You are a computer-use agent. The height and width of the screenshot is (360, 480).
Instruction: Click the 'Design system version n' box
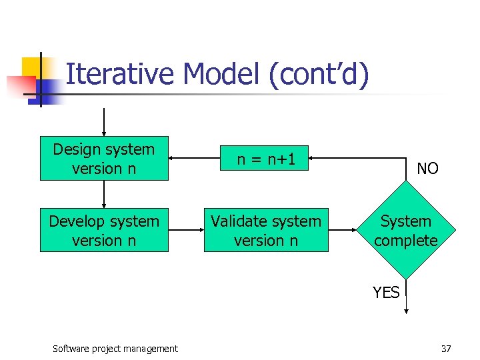[x=104, y=159]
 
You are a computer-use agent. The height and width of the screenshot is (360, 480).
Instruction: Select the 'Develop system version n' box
[x=104, y=230]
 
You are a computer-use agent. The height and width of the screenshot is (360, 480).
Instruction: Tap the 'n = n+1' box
[x=266, y=159]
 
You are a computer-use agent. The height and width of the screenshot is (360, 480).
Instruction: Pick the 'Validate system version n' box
[x=266, y=230]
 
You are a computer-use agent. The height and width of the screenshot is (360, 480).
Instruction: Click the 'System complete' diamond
[x=405, y=230]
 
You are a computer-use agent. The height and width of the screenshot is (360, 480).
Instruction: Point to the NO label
[x=427, y=169]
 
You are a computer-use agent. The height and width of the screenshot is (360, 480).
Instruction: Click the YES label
[x=386, y=292]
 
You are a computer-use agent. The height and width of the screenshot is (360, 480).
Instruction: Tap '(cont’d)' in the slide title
[x=318, y=75]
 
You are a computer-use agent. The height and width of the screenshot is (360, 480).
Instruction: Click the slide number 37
[x=446, y=348]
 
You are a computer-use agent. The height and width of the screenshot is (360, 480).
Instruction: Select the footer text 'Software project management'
[x=115, y=348]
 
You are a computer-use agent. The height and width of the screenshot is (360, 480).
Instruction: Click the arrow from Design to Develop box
[x=104, y=195]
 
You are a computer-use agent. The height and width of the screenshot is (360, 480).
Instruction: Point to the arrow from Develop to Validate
[x=185, y=230]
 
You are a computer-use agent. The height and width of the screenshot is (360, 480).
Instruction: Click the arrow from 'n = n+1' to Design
[x=197, y=159]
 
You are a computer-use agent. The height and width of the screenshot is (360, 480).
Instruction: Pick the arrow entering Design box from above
[x=104, y=121]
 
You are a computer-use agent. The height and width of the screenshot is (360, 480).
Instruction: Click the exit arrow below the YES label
[x=405, y=297]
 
